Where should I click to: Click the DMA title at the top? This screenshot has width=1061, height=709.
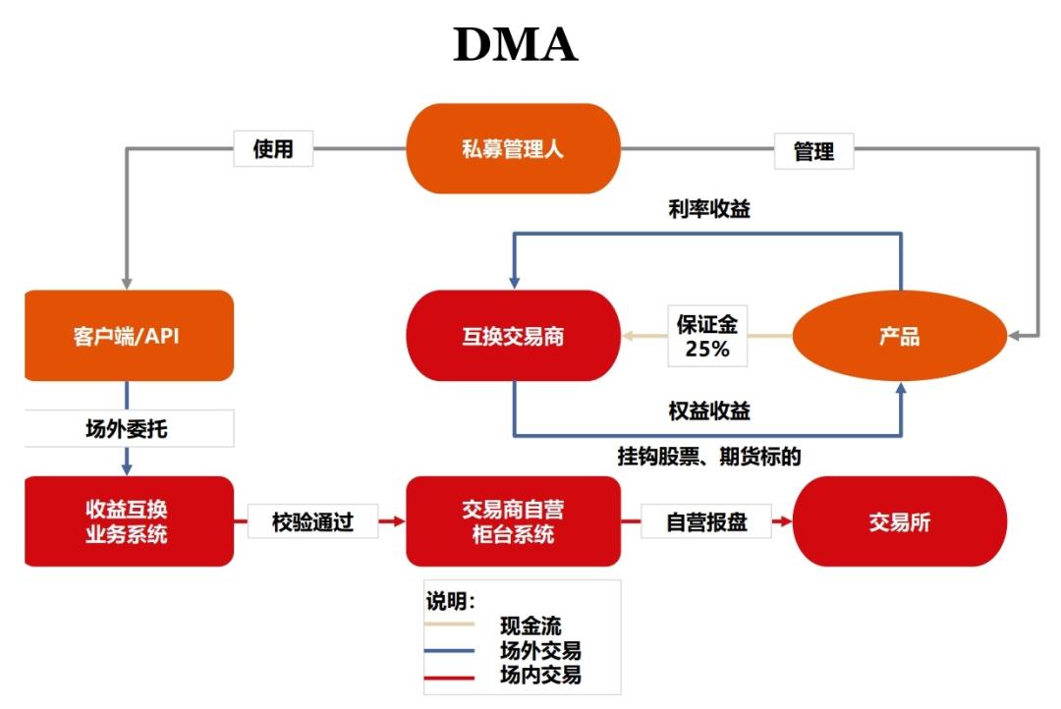pyautogui.click(x=515, y=46)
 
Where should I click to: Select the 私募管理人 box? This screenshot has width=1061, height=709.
pyautogui.click(x=514, y=149)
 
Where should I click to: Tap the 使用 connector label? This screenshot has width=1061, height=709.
pyautogui.click(x=273, y=150)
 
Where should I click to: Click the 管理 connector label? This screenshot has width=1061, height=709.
pyautogui.click(x=813, y=151)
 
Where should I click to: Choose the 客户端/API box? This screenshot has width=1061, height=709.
pyautogui.click(x=129, y=336)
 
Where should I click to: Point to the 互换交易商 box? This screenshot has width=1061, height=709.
pyautogui.click(x=514, y=336)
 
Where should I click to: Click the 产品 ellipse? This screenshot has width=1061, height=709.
pyautogui.click(x=899, y=336)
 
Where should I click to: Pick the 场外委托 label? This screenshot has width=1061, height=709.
pyautogui.click(x=129, y=428)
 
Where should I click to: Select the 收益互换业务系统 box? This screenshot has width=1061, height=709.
pyautogui.click(x=129, y=521)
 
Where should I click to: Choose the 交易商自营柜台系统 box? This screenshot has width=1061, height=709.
pyautogui.click(x=514, y=521)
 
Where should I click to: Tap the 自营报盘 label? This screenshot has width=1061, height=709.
pyautogui.click(x=706, y=521)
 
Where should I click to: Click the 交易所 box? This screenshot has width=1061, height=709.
pyautogui.click(x=899, y=521)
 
